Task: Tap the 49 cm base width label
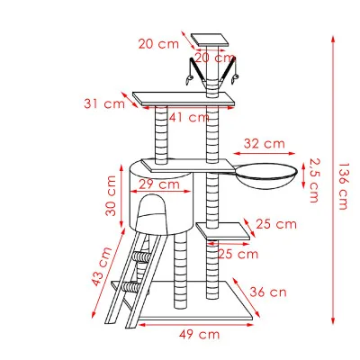[198, 335]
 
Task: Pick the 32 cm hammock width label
[265, 143]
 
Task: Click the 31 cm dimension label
[104, 103]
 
